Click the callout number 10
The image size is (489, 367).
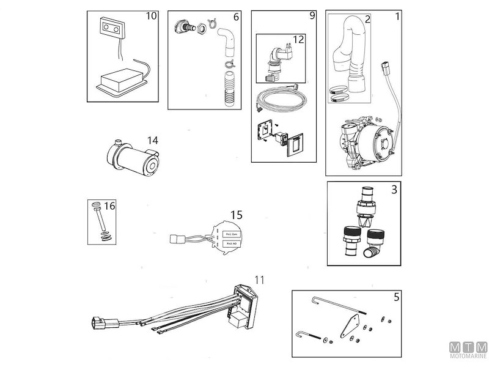(x=150, y=16)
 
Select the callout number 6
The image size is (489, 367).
(x=236, y=17)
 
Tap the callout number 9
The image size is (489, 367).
(x=312, y=15)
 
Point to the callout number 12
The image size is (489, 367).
(x=299, y=39)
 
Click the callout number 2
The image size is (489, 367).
(x=367, y=19)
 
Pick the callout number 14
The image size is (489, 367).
(x=152, y=140)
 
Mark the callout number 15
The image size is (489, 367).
(x=236, y=215)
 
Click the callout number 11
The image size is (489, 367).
(x=260, y=280)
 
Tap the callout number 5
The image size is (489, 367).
(x=396, y=298)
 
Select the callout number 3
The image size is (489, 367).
(x=394, y=189)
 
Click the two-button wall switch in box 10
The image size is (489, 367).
(x=112, y=28)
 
